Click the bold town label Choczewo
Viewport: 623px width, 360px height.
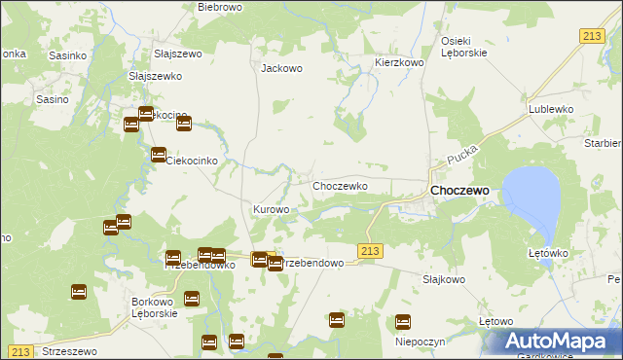(459, 192)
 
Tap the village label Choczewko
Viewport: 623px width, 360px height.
(339, 185)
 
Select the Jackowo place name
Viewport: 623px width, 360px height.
(282, 69)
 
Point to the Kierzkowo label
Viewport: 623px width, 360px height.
(400, 62)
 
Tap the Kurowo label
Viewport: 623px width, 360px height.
(272, 209)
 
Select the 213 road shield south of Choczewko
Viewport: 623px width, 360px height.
(370, 251)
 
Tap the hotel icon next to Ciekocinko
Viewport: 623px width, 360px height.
(158, 155)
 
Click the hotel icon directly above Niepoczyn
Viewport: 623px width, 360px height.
(403, 322)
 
